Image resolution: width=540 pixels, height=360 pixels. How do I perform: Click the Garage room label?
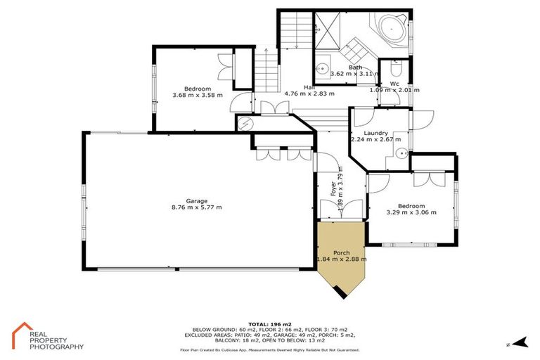point(197,200)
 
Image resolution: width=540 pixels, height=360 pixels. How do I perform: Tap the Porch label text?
point(342,251)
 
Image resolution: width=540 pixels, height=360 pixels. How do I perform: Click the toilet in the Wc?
point(395,70)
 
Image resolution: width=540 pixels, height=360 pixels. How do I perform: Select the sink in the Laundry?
point(401,154)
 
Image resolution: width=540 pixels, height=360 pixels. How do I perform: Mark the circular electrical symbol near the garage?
point(243,124)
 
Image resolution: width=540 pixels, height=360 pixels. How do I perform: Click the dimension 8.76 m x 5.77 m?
point(197,207)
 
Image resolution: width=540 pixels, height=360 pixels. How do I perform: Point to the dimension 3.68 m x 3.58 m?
point(197,95)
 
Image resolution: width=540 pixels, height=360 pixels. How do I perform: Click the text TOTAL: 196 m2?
point(270,321)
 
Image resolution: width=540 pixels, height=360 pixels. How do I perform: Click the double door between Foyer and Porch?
point(340,210)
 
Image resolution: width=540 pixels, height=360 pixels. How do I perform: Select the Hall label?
point(308,87)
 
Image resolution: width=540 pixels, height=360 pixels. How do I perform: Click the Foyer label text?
point(333,188)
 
